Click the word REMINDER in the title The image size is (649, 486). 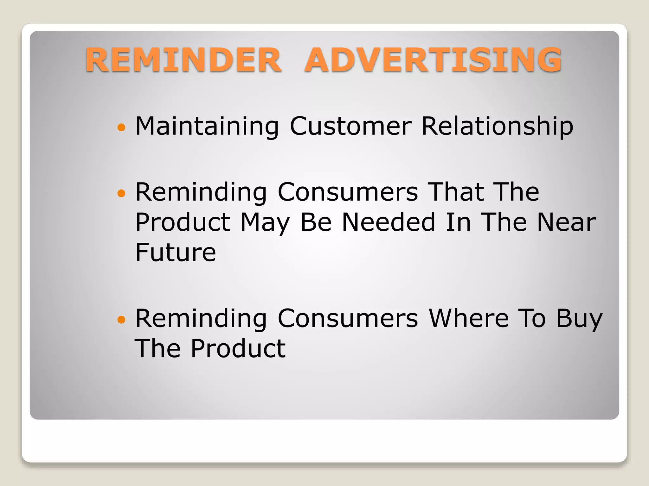coord(183,60)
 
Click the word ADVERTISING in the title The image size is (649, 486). coord(433,60)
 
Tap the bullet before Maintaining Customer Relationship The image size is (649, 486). coord(121,128)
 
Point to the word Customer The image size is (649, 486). coord(350,126)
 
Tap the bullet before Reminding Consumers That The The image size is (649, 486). coord(121,193)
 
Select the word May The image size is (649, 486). coord(265,223)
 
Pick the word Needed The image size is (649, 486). coord(389,222)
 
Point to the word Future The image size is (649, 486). coord(176,252)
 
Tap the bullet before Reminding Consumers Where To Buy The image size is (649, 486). coord(121,320)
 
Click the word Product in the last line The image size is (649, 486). coord(238,349)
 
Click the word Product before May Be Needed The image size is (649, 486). coord(183,222)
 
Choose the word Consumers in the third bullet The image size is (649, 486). coord(348,318)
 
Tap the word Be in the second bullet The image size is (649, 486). coord(316,222)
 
